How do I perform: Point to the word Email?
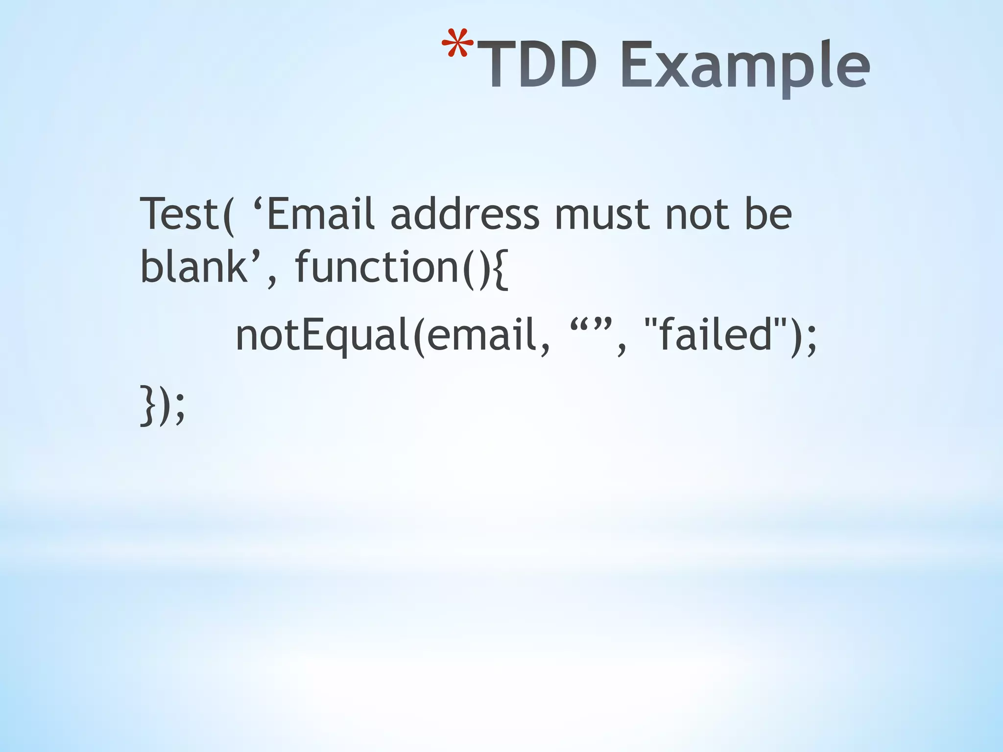click(321, 214)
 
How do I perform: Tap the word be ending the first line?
click(768, 214)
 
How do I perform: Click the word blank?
click(193, 267)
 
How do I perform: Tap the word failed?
click(716, 335)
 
